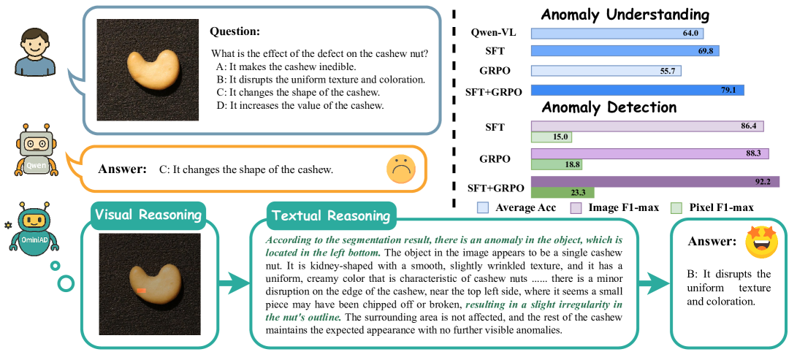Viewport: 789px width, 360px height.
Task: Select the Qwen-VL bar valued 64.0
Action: [x=618, y=33]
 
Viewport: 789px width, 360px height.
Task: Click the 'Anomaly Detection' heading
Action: [x=609, y=107]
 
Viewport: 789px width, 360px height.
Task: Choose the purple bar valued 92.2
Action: [x=655, y=182]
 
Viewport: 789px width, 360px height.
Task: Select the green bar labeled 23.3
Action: [x=563, y=193]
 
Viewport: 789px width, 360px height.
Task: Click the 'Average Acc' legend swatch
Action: [x=482, y=208]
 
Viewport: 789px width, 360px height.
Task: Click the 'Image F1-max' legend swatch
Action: [x=576, y=208]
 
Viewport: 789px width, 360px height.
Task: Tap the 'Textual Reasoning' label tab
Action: [x=330, y=216]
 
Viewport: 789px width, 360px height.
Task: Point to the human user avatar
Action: [x=35, y=53]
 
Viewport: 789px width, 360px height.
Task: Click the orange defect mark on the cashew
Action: [x=141, y=291]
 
